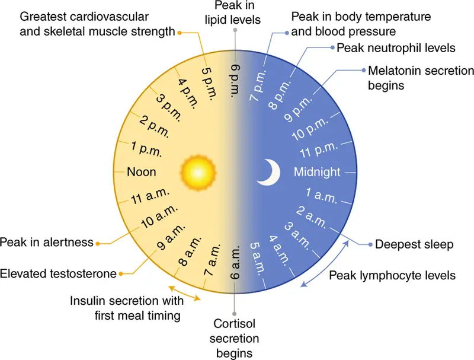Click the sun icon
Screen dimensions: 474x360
click(x=198, y=173)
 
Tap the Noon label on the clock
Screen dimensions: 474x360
click(x=142, y=172)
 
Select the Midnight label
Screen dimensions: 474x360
click(x=317, y=172)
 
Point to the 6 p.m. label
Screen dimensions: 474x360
click(x=235, y=81)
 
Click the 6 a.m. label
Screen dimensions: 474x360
click(x=235, y=262)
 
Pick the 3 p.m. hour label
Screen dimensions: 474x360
click(x=169, y=108)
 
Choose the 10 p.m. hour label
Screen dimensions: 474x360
click(x=310, y=129)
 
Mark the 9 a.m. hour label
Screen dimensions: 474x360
click(x=170, y=237)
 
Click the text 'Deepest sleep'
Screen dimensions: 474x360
click(x=414, y=244)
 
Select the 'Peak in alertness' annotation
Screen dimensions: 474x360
click(x=47, y=243)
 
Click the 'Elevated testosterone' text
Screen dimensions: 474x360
click(x=58, y=274)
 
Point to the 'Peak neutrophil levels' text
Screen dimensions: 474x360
click(x=396, y=48)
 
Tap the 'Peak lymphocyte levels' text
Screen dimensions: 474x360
click(x=392, y=276)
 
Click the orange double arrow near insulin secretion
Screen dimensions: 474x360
click(x=184, y=293)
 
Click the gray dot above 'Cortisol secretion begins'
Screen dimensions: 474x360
click(x=234, y=314)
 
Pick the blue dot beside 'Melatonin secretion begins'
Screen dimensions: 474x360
click(x=364, y=70)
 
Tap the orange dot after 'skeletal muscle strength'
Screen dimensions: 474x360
click(x=180, y=33)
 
